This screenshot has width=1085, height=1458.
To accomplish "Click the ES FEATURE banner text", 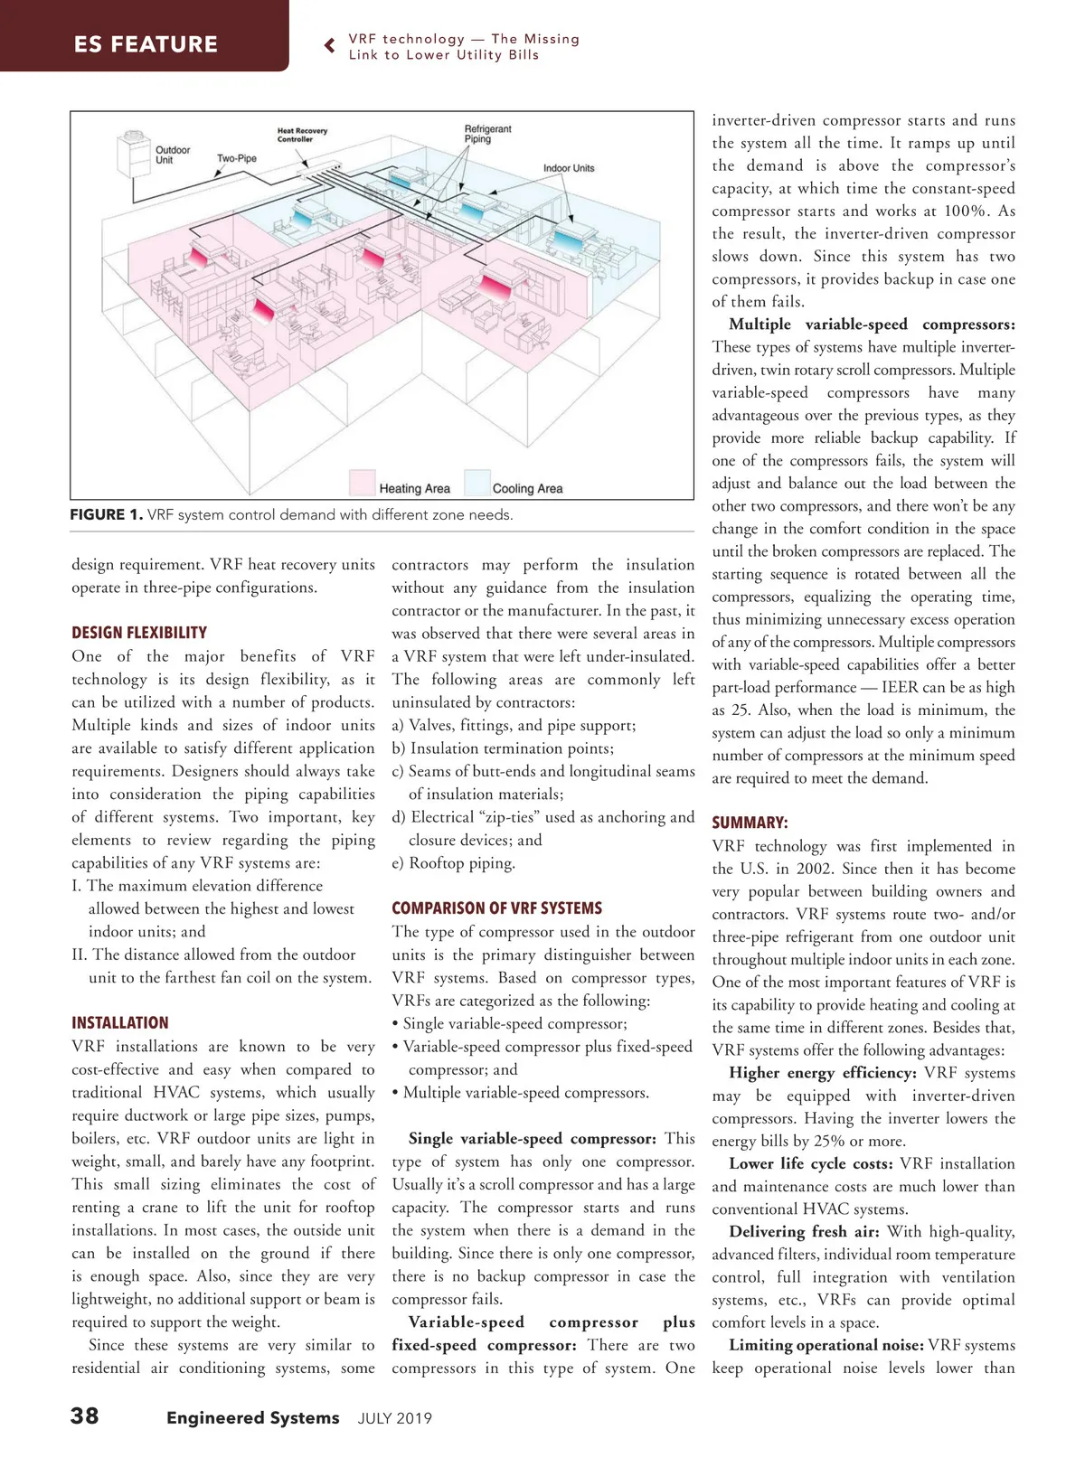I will (x=146, y=44).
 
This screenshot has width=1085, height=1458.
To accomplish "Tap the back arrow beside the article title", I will (x=330, y=46).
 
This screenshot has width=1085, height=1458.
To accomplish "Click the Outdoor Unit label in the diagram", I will (x=172, y=155).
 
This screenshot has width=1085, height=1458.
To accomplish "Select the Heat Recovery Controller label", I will (x=302, y=136).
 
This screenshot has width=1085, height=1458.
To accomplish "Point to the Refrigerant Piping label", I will (x=487, y=134).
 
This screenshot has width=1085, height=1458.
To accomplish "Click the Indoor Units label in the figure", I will (x=569, y=168).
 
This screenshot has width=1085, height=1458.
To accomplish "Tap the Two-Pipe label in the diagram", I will (x=237, y=159).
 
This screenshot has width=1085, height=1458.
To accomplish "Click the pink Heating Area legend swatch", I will (x=363, y=483).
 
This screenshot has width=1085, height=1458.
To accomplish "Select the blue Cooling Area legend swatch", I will (x=476, y=483).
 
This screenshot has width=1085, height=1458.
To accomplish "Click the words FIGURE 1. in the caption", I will (x=106, y=515).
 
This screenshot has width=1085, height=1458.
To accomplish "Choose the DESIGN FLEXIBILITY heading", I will (x=139, y=633).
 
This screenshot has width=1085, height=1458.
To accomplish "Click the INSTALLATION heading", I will (x=120, y=1023).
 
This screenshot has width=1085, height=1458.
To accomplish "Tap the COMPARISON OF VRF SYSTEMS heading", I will (x=496, y=908).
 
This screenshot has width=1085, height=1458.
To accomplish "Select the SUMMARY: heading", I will (x=750, y=823).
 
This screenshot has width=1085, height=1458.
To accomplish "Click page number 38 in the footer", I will (x=85, y=1416).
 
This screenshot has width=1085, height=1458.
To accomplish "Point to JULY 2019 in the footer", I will (x=395, y=1418).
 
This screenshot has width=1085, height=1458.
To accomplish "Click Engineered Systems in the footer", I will (x=253, y=1418).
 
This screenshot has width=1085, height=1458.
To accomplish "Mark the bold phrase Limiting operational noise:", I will (x=826, y=1345).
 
